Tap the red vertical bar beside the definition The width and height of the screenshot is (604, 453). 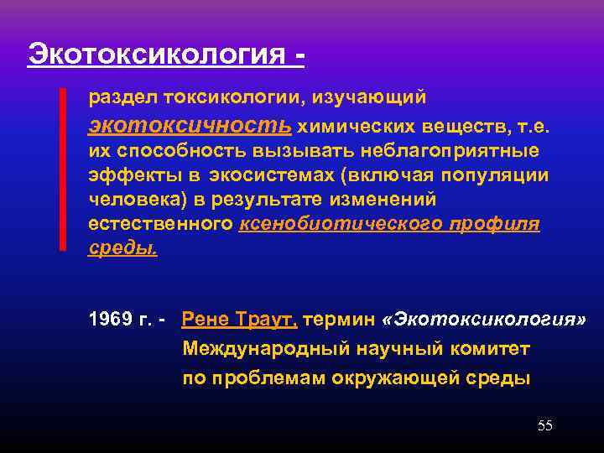62,168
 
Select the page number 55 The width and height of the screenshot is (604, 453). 544,425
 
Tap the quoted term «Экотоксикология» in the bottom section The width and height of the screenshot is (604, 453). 484,320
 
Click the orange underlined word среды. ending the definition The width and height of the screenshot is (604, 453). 122,249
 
